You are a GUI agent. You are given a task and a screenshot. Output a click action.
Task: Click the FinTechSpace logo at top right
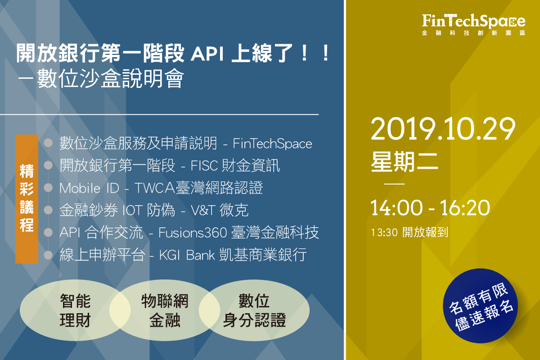[473, 24]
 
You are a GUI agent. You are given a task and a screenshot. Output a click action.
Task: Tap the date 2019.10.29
[443, 129]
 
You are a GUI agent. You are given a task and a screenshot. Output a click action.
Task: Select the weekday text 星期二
[404, 162]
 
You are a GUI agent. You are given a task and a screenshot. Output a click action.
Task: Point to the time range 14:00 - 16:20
[430, 207]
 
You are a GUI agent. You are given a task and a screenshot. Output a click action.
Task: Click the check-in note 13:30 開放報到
[409, 232]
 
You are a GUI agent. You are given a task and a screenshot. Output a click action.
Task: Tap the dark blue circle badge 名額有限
[480, 306]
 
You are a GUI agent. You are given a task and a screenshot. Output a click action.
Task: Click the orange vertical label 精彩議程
[27, 199]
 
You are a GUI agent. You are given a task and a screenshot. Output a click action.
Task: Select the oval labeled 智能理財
[75, 310]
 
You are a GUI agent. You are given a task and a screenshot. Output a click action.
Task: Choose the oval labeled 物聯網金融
[165, 310]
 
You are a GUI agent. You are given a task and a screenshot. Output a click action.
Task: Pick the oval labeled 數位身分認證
[254, 310]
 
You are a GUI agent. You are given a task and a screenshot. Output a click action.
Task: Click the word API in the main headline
[207, 54]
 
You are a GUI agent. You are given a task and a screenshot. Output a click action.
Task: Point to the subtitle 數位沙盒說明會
[111, 79]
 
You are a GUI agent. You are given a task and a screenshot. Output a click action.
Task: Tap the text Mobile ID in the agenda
[90, 188]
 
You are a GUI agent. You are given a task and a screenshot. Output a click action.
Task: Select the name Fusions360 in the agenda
[193, 233]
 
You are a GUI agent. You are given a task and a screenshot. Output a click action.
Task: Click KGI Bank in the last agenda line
[187, 255]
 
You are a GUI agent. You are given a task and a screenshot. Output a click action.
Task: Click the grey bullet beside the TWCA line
[49, 188]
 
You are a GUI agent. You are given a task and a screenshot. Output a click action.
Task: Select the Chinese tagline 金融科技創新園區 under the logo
[473, 33]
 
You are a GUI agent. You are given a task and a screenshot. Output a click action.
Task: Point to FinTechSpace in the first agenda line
[272, 144]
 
